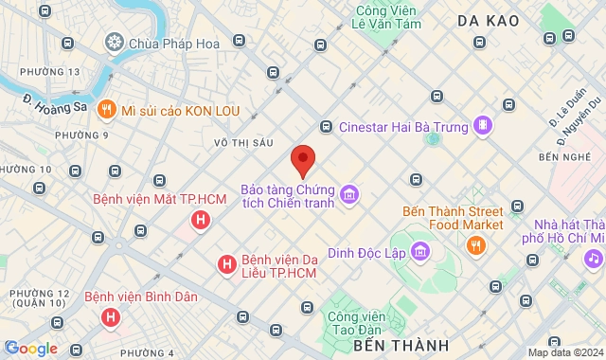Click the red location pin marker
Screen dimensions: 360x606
pyautogui.click(x=303, y=160)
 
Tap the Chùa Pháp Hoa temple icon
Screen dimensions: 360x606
pyautogui.click(x=114, y=43)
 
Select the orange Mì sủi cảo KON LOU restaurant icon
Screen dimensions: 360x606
pyautogui.click(x=107, y=110)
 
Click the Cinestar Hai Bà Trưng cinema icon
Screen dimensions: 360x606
pyautogui.click(x=483, y=126)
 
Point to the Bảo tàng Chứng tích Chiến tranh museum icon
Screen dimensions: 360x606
pyautogui.click(x=348, y=195)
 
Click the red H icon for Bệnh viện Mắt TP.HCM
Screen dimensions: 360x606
pyautogui.click(x=200, y=221)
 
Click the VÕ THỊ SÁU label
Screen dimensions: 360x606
pyautogui.click(x=243, y=143)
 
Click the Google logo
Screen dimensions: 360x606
pyautogui.click(x=30, y=349)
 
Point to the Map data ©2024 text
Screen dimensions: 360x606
pyautogui.click(x=565, y=352)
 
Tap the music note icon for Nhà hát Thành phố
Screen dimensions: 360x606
pyautogui.click(x=593, y=258)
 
